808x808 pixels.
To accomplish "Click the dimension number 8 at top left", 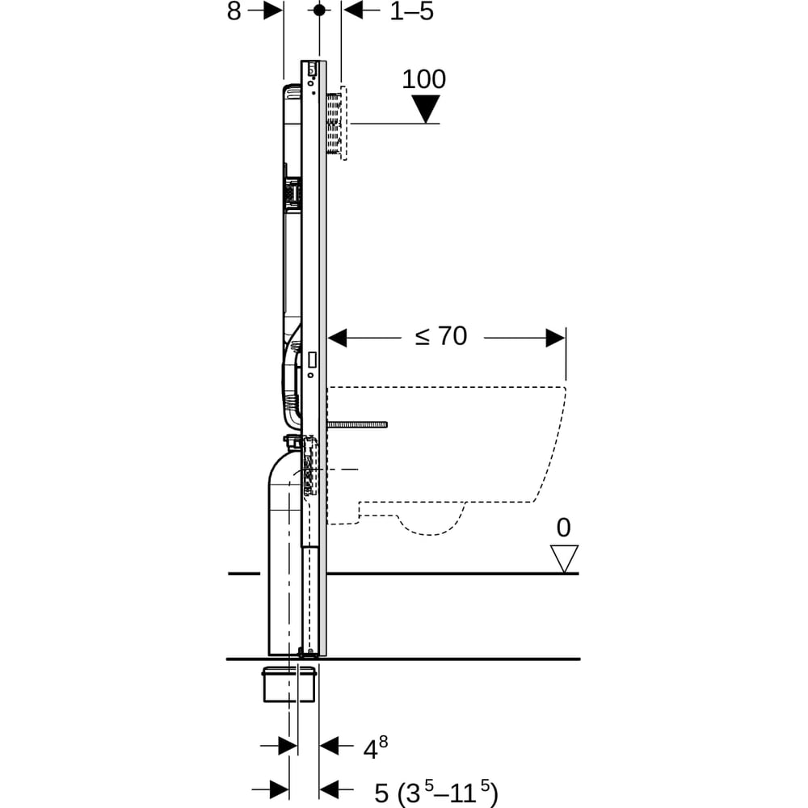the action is click(x=234, y=11).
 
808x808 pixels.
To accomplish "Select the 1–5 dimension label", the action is click(x=412, y=11).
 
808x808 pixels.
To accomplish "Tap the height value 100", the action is click(x=423, y=79).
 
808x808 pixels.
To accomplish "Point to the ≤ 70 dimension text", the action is click(x=441, y=336).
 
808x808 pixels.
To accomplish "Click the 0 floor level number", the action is click(x=564, y=527).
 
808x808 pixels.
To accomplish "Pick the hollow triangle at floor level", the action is click(x=564, y=558).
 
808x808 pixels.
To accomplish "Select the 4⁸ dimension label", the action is click(x=375, y=747).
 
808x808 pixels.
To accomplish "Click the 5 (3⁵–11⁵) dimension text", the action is click(x=436, y=792).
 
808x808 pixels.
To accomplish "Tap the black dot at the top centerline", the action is click(x=319, y=10).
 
